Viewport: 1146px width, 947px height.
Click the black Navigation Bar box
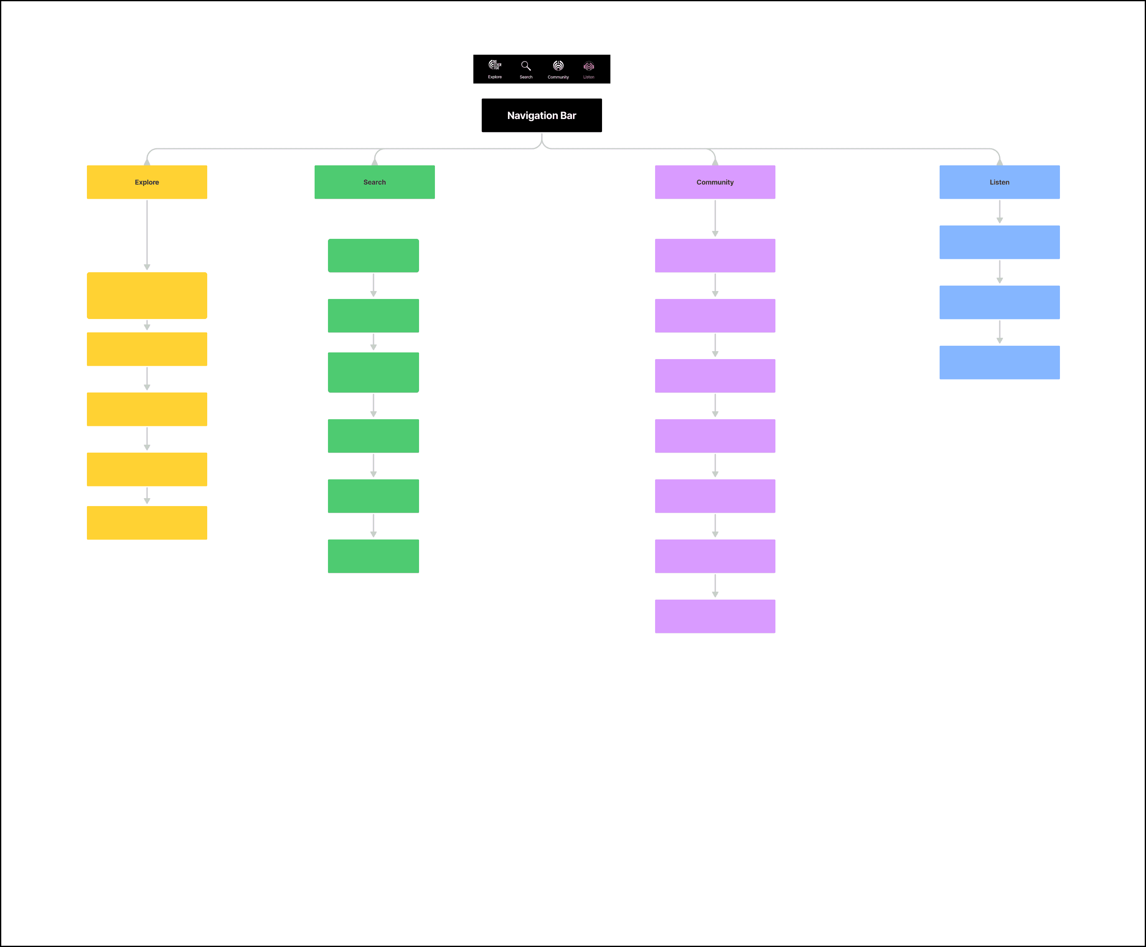click(x=541, y=115)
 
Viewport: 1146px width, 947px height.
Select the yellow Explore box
click(x=147, y=182)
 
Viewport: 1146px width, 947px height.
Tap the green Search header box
click(x=374, y=182)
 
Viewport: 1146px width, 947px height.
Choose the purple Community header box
click(x=715, y=182)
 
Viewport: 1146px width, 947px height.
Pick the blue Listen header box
click(x=999, y=182)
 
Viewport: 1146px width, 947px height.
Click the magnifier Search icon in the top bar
click(x=526, y=66)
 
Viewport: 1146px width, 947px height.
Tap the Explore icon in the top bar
click(x=494, y=66)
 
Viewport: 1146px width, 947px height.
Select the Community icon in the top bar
click(x=558, y=66)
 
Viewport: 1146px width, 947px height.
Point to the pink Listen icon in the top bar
click(x=588, y=66)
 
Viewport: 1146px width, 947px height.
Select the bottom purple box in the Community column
click(x=715, y=616)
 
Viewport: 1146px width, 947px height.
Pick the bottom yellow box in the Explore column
click(x=147, y=523)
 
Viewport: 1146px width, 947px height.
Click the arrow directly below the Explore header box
click(x=147, y=235)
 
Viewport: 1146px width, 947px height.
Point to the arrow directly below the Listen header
click(x=999, y=212)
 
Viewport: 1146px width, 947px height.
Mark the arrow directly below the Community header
click(x=715, y=218)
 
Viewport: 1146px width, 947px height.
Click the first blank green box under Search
click(x=373, y=255)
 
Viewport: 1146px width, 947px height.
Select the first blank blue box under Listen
click(x=999, y=242)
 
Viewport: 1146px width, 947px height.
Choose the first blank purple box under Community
click(x=715, y=255)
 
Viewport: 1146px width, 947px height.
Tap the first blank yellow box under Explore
click(x=147, y=295)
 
